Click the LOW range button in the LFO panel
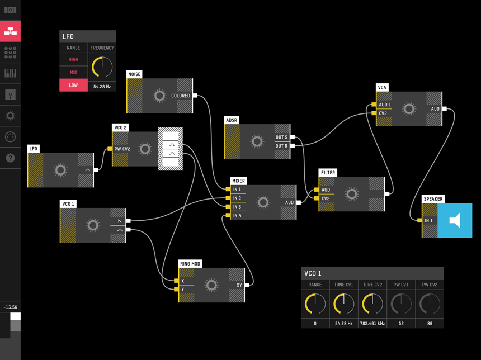pyautogui.click(x=73, y=85)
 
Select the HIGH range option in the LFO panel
pyautogui.click(x=73, y=59)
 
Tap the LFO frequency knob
pyautogui.click(x=102, y=67)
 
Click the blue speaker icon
pyautogui.click(x=455, y=220)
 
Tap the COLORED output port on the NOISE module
pyautogui.click(x=195, y=96)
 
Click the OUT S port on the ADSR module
pyautogui.click(x=292, y=138)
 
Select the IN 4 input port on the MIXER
pyautogui.click(x=228, y=215)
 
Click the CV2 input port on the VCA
pyautogui.click(x=374, y=113)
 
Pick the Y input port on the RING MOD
pyautogui.click(x=176, y=290)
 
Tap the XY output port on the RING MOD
pyautogui.click(x=247, y=285)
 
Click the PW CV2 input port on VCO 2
pyautogui.click(x=110, y=149)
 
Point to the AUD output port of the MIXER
pyautogui.click(x=298, y=203)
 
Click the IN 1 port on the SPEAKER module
pyautogui.click(x=420, y=220)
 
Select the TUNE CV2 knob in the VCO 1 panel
pyautogui.click(x=372, y=304)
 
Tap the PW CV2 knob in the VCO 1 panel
pyautogui.click(x=430, y=304)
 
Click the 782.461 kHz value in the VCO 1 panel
pyautogui.click(x=372, y=324)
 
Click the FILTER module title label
pyautogui.click(x=328, y=173)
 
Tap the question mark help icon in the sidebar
pyautogui.click(x=10, y=158)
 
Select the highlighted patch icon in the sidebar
pyautogui.click(x=10, y=31)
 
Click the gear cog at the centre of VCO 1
pyautogui.click(x=93, y=225)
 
